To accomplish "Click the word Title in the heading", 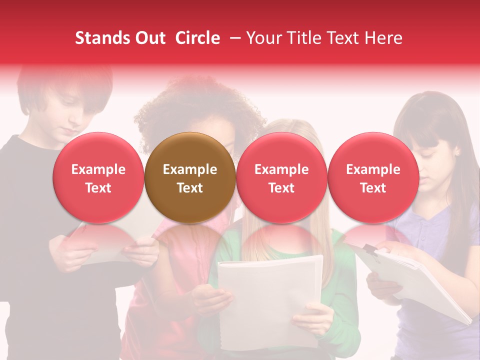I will (301, 38).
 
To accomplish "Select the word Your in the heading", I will (264, 38).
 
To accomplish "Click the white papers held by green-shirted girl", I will (270, 295).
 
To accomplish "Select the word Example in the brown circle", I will (190, 169).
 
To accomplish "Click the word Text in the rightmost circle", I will (373, 188).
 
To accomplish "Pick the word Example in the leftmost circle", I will (98, 169).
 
